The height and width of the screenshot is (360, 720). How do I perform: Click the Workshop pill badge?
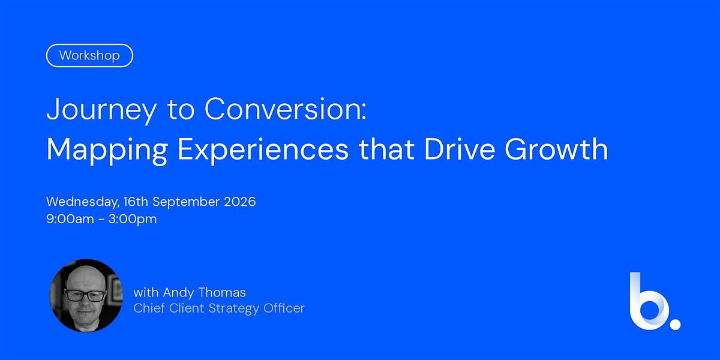(x=89, y=55)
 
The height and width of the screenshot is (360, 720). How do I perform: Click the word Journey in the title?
(x=101, y=110)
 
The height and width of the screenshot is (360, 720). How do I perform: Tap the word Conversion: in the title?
(x=286, y=109)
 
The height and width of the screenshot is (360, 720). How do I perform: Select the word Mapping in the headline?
(x=107, y=150)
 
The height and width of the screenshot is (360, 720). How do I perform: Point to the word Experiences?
(x=263, y=150)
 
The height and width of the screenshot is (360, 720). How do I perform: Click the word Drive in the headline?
(x=460, y=149)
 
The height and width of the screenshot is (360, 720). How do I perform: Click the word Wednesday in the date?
(x=83, y=202)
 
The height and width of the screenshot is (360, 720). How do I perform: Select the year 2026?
(x=240, y=202)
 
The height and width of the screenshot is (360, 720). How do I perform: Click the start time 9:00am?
(x=70, y=219)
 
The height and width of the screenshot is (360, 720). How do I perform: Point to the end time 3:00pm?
(x=133, y=220)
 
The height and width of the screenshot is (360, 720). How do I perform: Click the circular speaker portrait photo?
(x=86, y=295)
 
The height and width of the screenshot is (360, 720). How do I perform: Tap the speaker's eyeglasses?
(x=85, y=295)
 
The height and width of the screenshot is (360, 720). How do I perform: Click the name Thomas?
(x=222, y=293)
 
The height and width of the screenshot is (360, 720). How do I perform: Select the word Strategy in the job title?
(x=233, y=308)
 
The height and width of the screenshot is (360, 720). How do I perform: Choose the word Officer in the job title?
(x=284, y=308)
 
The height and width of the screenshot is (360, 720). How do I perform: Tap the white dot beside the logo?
(x=675, y=324)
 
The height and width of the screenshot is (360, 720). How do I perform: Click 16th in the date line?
(x=136, y=202)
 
